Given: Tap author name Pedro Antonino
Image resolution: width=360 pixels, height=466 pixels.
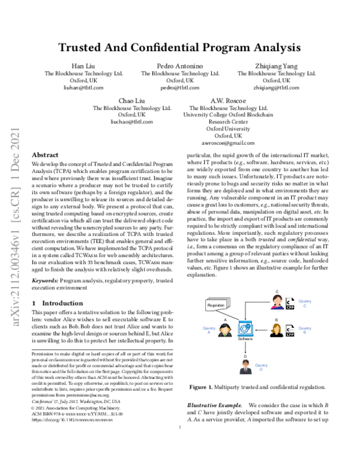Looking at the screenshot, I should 179,65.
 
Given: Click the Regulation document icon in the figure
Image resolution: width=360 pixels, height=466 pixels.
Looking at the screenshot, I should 217,306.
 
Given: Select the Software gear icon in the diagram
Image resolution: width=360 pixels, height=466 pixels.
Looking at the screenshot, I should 245,328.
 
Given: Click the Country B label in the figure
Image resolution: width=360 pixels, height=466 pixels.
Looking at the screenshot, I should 305,330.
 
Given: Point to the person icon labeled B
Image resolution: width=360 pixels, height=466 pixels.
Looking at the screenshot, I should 277,330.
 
